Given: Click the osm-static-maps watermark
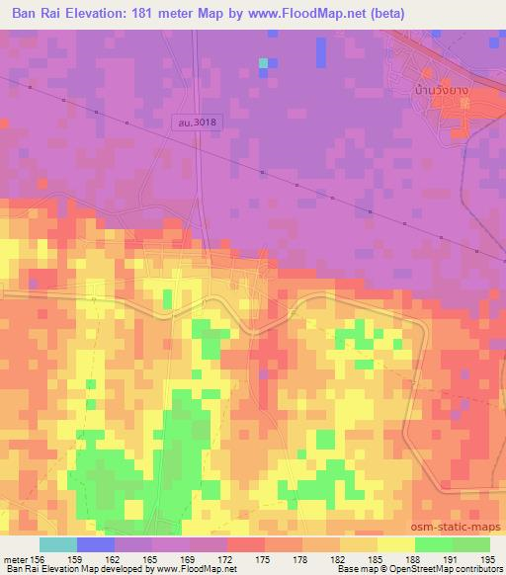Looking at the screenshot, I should pos(464,530).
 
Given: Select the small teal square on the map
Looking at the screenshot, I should pos(264,63).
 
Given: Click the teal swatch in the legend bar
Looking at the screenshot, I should pos(58,544).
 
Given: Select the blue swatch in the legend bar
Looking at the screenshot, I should pos(96,544).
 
